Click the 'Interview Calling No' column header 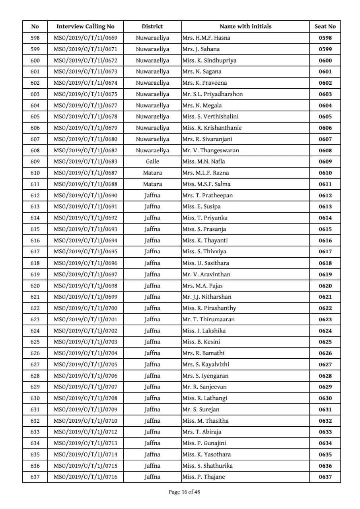coord(85,27)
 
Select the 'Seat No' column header coord(325,27)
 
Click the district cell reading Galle coord(152,161)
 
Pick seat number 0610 coord(325,173)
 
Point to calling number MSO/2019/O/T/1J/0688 coord(85,184)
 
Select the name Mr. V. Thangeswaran coord(210,150)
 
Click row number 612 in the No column coord(35,195)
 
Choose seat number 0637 coord(325,477)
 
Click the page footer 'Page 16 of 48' coord(184,492)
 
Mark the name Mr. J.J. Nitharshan coord(206,297)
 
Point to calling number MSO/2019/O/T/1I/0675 coord(85,94)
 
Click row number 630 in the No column coord(35,398)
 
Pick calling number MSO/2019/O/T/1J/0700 coord(85,308)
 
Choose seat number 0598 coord(325,38)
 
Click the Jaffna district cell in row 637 coord(152,477)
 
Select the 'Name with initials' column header coord(245,27)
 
